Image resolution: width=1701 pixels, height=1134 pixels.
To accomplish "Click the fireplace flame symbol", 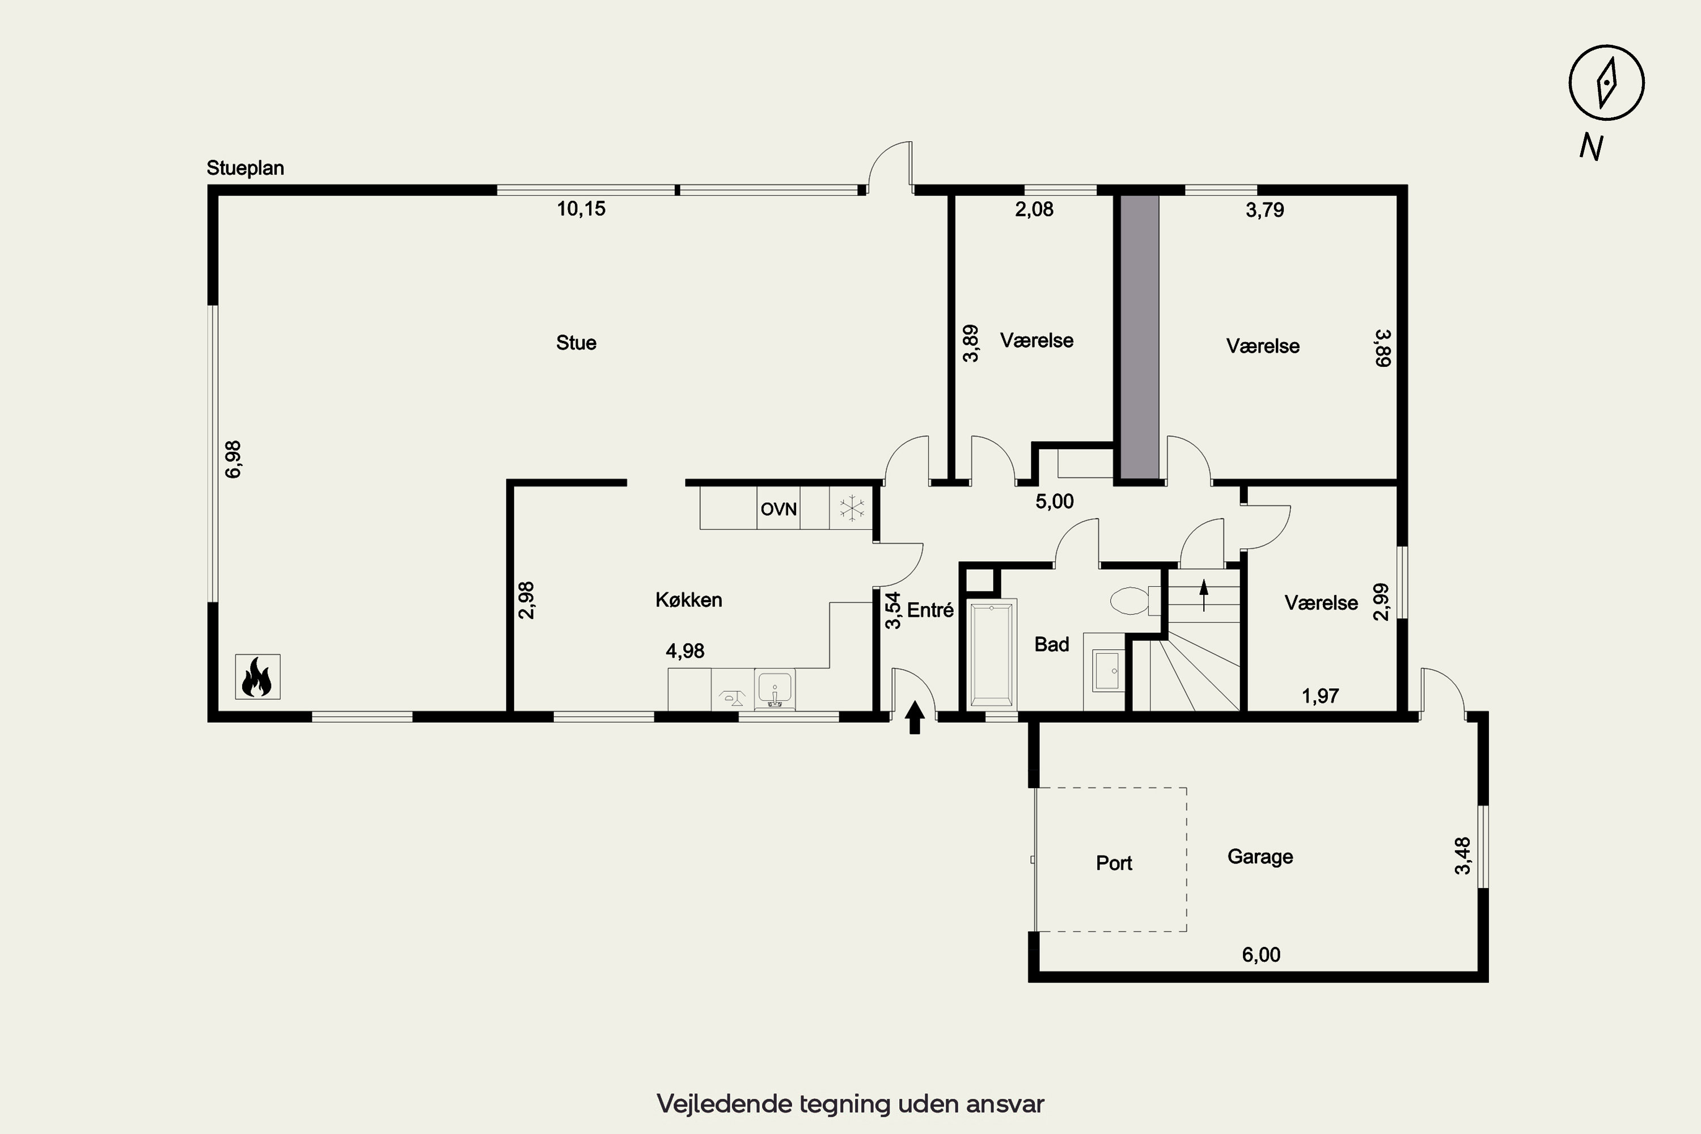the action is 257,677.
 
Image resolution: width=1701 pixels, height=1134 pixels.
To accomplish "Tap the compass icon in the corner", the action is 1606,82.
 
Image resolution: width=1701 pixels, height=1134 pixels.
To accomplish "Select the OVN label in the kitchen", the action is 778,509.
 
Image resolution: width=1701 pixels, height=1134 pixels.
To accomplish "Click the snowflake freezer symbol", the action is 852,509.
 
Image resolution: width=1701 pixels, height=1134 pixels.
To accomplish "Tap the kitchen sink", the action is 775,688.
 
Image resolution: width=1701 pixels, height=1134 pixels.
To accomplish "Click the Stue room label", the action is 577,343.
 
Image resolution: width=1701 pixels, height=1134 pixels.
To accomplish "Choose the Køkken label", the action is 688,599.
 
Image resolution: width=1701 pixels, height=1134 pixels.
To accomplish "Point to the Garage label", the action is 1260,857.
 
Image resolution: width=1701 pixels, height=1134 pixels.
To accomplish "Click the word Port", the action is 1114,863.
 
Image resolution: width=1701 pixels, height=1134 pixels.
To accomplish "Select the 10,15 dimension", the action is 581,209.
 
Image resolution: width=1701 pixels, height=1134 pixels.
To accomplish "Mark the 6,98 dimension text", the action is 233,459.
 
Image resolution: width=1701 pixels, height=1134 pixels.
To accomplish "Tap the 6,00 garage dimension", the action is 1261,955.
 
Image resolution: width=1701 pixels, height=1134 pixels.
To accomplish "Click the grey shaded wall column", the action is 1140,336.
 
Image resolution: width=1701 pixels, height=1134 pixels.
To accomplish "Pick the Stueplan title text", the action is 245,168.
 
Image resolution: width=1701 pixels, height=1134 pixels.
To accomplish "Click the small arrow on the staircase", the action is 1204,595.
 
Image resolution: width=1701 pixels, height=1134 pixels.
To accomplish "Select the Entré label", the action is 930,611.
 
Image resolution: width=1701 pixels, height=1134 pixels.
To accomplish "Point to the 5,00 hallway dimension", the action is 1055,501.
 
